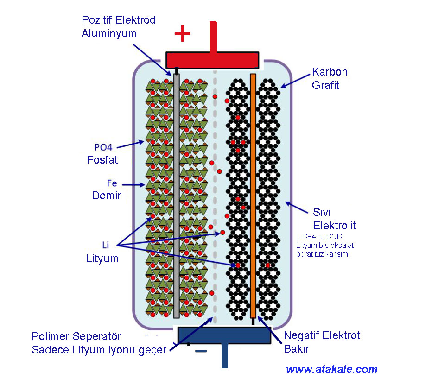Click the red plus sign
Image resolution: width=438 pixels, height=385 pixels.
[182, 33]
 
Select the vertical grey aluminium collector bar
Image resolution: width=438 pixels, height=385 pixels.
[176, 195]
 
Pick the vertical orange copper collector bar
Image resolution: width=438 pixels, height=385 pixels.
[253, 195]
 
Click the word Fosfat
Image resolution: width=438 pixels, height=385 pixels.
[102, 160]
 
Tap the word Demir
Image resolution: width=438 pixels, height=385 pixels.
[106, 196]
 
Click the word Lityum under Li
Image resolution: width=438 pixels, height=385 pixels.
[102, 259]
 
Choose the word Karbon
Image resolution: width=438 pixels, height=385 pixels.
[330, 72]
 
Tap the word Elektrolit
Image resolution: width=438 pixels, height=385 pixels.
[335, 226]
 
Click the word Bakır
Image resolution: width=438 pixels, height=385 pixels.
[296, 348]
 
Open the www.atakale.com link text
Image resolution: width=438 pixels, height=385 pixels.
[331, 369]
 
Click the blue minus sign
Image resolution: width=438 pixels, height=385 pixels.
[201, 352]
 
